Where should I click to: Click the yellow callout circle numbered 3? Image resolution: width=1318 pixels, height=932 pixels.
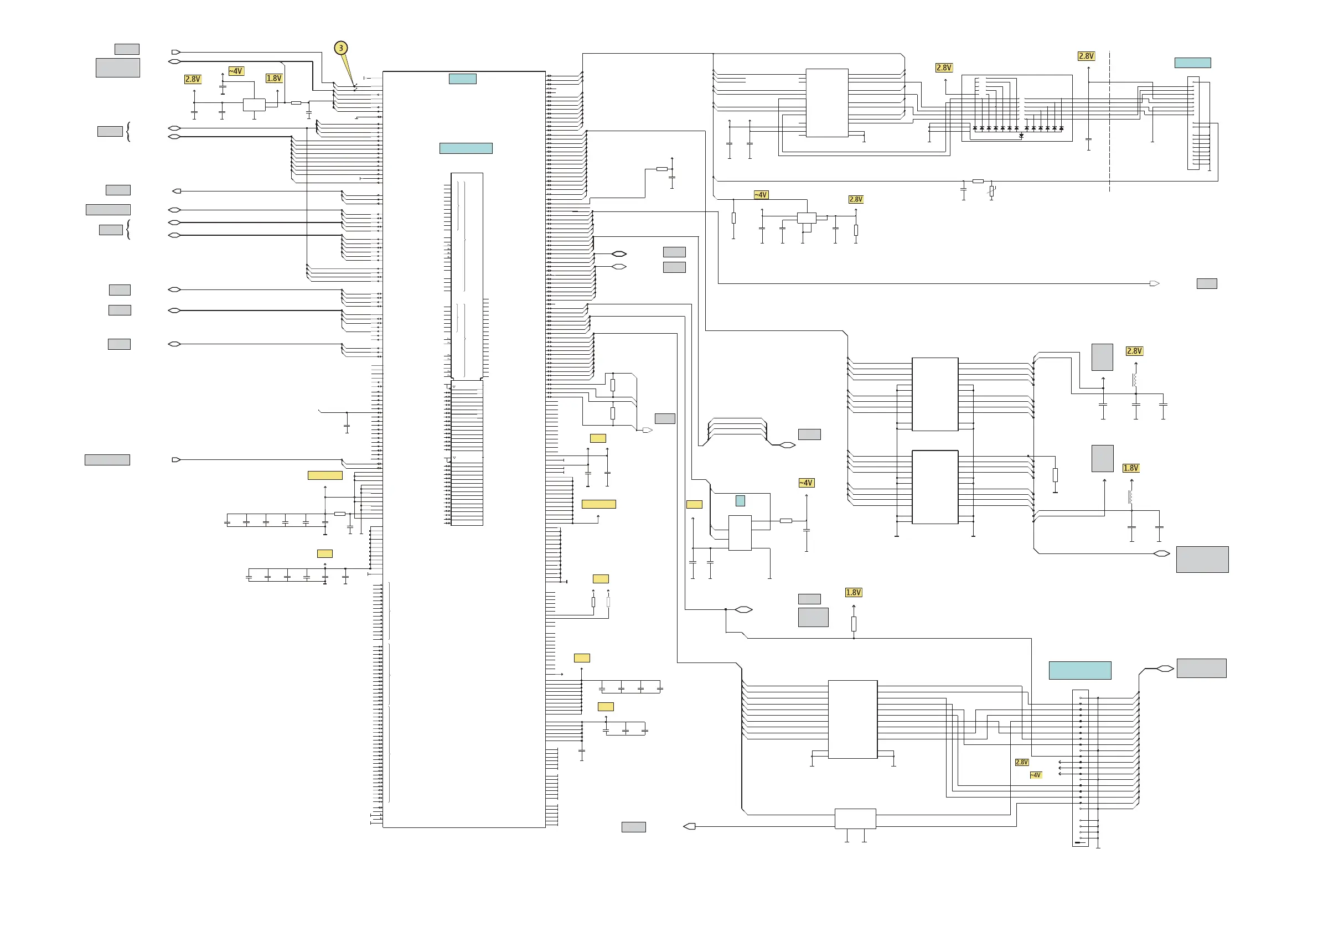(x=341, y=48)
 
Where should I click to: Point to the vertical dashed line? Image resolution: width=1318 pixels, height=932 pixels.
(x=1109, y=121)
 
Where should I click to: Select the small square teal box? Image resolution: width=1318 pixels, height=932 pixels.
(x=740, y=500)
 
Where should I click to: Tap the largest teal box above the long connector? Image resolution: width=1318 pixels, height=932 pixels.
(x=1079, y=670)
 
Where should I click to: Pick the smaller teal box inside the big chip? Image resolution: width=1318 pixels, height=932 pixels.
(x=462, y=79)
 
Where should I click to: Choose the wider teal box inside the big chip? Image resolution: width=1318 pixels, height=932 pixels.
(x=466, y=148)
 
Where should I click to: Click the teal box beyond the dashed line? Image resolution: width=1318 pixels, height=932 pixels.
(x=1192, y=63)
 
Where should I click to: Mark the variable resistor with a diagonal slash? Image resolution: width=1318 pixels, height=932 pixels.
(x=991, y=190)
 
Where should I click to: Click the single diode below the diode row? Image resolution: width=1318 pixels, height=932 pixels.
(x=1021, y=136)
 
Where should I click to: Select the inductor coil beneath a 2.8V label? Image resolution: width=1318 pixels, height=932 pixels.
(x=1135, y=379)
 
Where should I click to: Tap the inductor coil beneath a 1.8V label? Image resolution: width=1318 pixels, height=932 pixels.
(x=1131, y=496)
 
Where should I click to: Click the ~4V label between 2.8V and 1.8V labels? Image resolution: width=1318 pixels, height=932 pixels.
(x=236, y=71)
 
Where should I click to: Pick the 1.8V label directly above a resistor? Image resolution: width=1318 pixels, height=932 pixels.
(x=853, y=592)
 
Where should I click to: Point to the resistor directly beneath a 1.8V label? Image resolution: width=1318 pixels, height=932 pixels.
(x=854, y=623)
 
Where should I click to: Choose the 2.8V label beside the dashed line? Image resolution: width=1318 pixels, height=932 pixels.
(x=1086, y=56)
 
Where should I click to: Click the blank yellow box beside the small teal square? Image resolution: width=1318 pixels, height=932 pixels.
(x=694, y=504)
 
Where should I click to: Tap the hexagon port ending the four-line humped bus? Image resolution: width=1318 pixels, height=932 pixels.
(x=787, y=445)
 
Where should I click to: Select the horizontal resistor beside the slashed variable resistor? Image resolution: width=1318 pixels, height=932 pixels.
(x=978, y=182)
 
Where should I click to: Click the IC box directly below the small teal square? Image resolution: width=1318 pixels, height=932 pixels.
(x=740, y=532)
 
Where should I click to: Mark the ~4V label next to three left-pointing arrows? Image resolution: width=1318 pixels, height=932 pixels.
(x=1035, y=775)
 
